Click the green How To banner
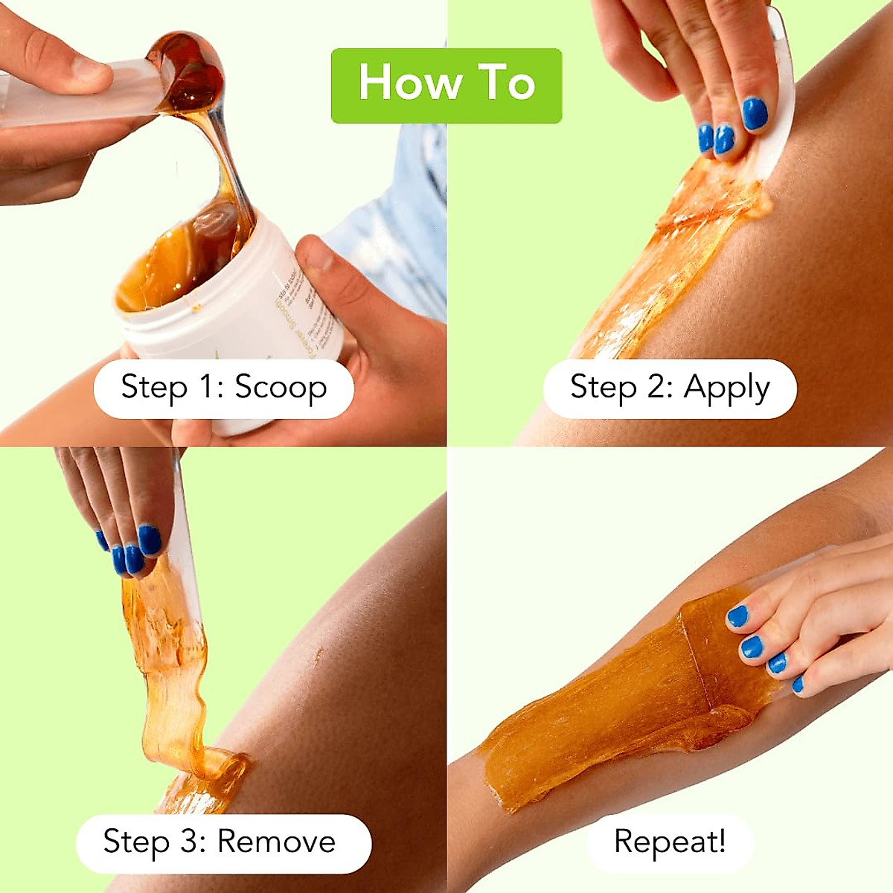click(446, 86)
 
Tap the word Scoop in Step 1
click(281, 387)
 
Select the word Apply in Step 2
click(726, 388)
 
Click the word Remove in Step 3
click(276, 842)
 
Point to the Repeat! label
click(670, 842)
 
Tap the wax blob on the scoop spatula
click(190, 74)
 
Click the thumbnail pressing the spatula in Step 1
click(89, 71)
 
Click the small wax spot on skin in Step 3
click(319, 655)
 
